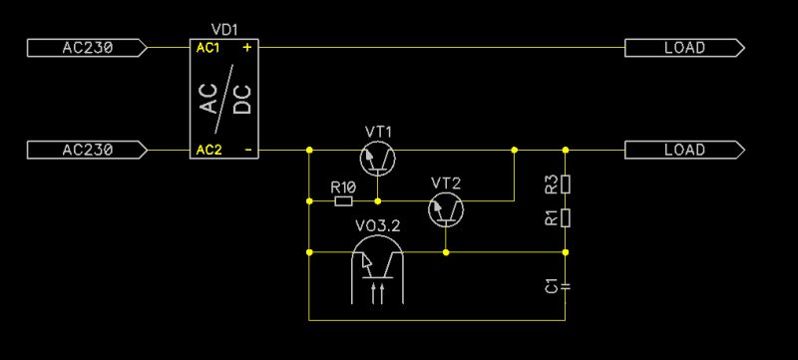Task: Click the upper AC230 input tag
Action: coord(88,47)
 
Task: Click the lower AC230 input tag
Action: coord(88,151)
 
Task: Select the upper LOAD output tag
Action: coord(684,47)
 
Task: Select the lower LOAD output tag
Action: coord(684,151)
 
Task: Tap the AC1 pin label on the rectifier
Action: coord(207,48)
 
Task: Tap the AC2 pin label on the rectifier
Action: coord(207,151)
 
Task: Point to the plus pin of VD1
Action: coord(246,48)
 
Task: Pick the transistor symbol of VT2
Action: coord(445,208)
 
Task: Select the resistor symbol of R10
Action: coord(343,201)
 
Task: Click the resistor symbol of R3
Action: coord(566,184)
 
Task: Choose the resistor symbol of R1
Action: coord(566,217)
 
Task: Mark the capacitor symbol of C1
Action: coord(566,286)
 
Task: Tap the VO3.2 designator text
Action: coord(378,227)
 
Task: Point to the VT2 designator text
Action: coord(445,182)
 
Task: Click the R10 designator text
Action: coord(343,186)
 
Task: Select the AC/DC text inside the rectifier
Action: coord(225,100)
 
